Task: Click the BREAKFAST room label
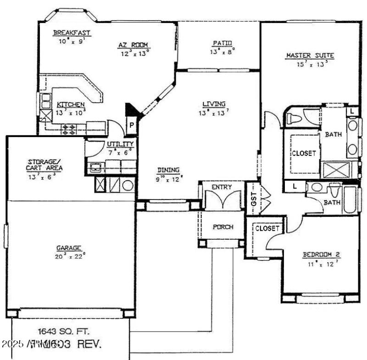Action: [x=72, y=33]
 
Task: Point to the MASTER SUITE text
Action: [x=310, y=56]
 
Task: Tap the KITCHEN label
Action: [x=70, y=105]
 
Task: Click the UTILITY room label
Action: [x=120, y=144]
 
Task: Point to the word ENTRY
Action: [x=222, y=187]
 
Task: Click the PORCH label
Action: [x=222, y=227]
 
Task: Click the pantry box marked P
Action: [x=131, y=125]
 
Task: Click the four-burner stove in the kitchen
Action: [x=69, y=129]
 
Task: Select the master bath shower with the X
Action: [x=337, y=170]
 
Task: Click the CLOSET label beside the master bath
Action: [x=304, y=154]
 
